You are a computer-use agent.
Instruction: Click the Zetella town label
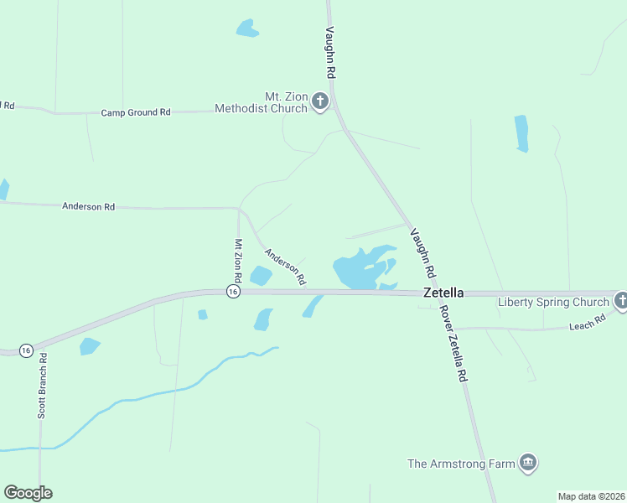tap(443, 293)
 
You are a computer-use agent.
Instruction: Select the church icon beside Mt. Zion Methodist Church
tap(319, 102)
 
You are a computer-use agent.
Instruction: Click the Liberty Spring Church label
tap(553, 302)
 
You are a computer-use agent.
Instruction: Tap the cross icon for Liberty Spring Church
tap(621, 299)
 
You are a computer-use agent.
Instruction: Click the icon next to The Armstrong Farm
tap(528, 462)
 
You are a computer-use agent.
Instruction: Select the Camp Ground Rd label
tap(136, 112)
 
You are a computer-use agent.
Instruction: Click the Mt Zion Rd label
tap(238, 260)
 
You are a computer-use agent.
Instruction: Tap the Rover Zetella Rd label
tap(452, 344)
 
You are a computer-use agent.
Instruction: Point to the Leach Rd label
tap(588, 323)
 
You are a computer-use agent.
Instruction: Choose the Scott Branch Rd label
tap(42, 385)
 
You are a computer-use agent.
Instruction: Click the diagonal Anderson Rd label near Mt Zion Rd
tap(285, 265)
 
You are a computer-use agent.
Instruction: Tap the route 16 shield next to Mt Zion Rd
tap(233, 291)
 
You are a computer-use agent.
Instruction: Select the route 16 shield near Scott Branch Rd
tap(26, 350)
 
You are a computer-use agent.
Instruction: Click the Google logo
tap(28, 493)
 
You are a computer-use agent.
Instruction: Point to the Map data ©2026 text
tap(591, 496)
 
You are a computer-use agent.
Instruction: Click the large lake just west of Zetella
tap(360, 268)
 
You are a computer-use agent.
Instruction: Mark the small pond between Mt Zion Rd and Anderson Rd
tap(261, 275)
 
